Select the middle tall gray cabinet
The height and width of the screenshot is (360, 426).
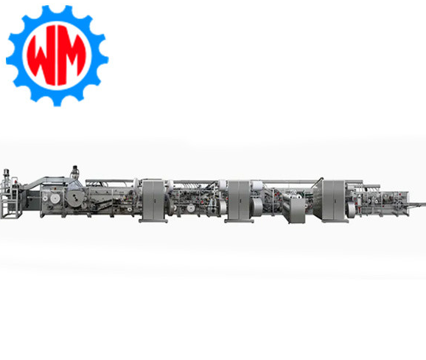click(x=239, y=200)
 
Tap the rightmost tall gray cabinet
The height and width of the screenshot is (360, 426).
click(x=334, y=200)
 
